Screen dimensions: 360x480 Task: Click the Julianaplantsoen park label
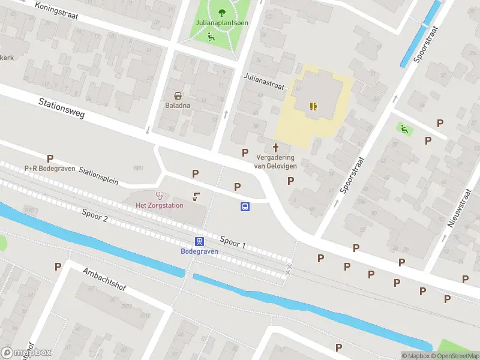click(x=222, y=24)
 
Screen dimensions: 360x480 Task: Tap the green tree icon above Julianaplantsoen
click(x=223, y=11)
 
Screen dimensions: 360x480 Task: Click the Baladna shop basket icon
click(x=178, y=95)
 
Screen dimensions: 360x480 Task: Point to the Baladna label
click(x=178, y=106)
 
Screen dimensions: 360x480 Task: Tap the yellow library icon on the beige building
click(x=313, y=106)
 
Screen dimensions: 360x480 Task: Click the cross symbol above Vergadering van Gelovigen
click(x=276, y=147)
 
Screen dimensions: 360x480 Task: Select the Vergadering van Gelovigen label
click(x=276, y=161)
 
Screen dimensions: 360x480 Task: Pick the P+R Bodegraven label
click(x=50, y=168)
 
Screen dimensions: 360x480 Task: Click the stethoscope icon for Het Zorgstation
click(x=160, y=195)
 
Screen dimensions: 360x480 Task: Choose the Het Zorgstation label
click(x=159, y=206)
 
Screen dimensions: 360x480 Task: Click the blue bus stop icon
click(x=245, y=206)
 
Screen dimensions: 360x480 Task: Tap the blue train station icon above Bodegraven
click(x=199, y=241)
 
